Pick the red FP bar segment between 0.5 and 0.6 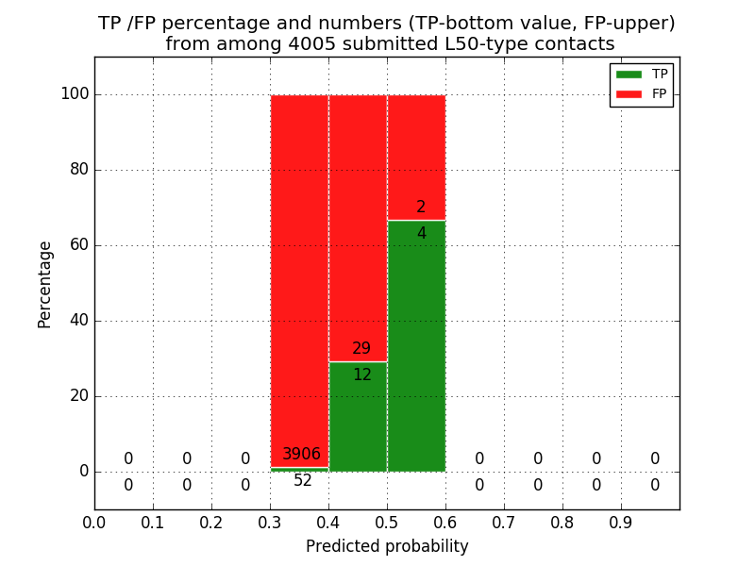coord(416,151)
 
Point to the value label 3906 coord(301,455)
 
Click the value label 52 coord(303,481)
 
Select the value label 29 coord(361,349)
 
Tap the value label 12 coord(361,375)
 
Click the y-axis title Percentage coord(45,284)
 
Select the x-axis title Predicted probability coord(387,547)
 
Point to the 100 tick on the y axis coord(75,94)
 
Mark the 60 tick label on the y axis coord(79,245)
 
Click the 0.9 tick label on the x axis coord(621,522)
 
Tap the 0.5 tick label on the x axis coord(387,522)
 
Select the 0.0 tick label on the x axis coord(94,522)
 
